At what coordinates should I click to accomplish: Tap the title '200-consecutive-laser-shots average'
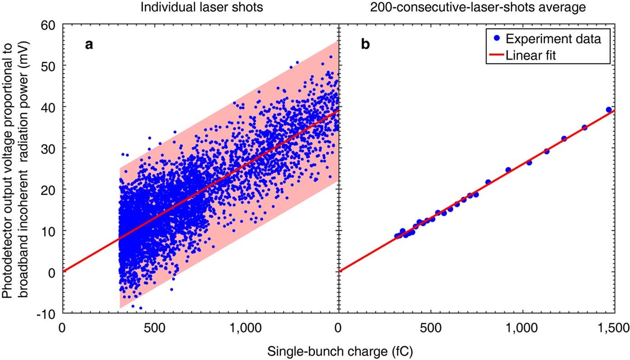(475, 8)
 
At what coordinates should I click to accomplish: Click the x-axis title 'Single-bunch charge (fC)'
(337, 351)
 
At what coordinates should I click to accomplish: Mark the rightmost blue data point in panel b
(608, 110)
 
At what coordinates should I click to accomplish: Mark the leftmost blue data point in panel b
(397, 236)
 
